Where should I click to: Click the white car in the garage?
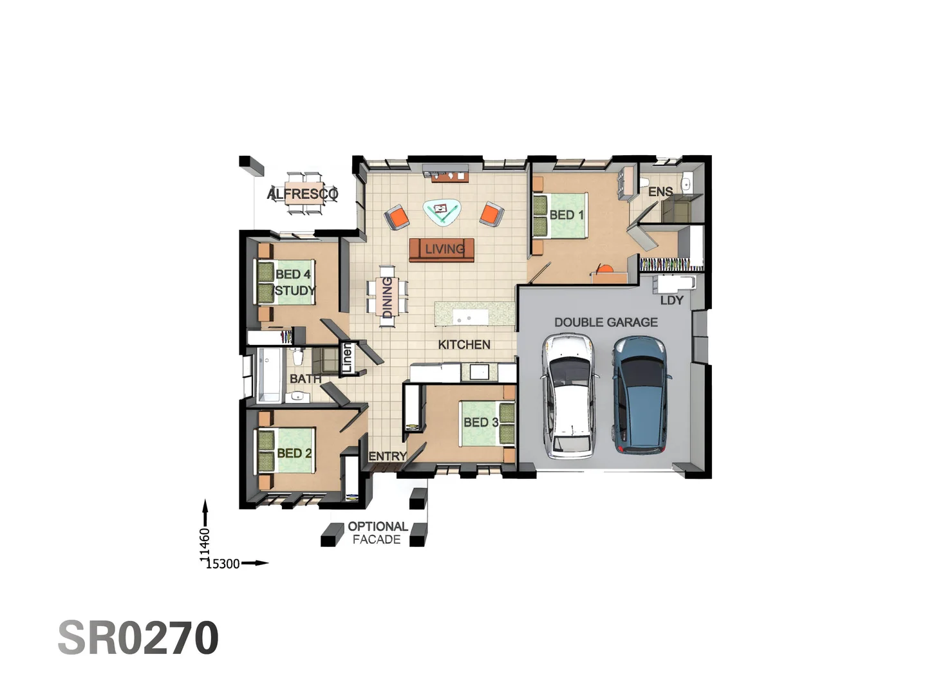[570, 396]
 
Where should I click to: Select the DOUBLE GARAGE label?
[606, 322]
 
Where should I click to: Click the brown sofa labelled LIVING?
[442, 249]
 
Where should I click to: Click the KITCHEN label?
[464, 345]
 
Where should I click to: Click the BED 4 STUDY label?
[295, 283]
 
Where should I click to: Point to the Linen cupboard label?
[347, 358]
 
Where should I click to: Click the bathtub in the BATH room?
[269, 376]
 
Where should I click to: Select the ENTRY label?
[387, 456]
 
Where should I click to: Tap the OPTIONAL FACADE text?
[377, 533]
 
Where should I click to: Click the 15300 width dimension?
[223, 564]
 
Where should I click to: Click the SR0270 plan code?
[138, 638]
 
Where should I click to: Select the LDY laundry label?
[671, 301]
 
